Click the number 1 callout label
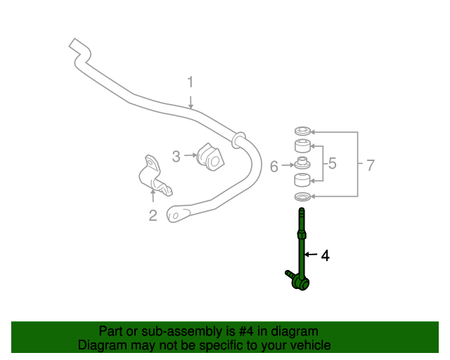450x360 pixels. click(x=190, y=83)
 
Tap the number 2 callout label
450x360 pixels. click(x=153, y=215)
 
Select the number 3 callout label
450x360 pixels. click(x=176, y=155)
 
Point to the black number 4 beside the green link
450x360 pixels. click(x=325, y=256)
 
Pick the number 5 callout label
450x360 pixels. click(x=332, y=164)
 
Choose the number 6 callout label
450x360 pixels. click(x=274, y=167)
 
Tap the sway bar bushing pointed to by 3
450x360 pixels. click(x=209, y=156)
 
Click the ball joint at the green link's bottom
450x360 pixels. click(x=302, y=283)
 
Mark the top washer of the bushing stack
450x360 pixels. click(x=302, y=131)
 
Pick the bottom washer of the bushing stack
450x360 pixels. click(x=302, y=196)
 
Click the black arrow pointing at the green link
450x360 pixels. click(x=311, y=256)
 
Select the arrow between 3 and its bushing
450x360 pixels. click(x=191, y=155)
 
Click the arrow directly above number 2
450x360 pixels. click(x=153, y=195)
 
